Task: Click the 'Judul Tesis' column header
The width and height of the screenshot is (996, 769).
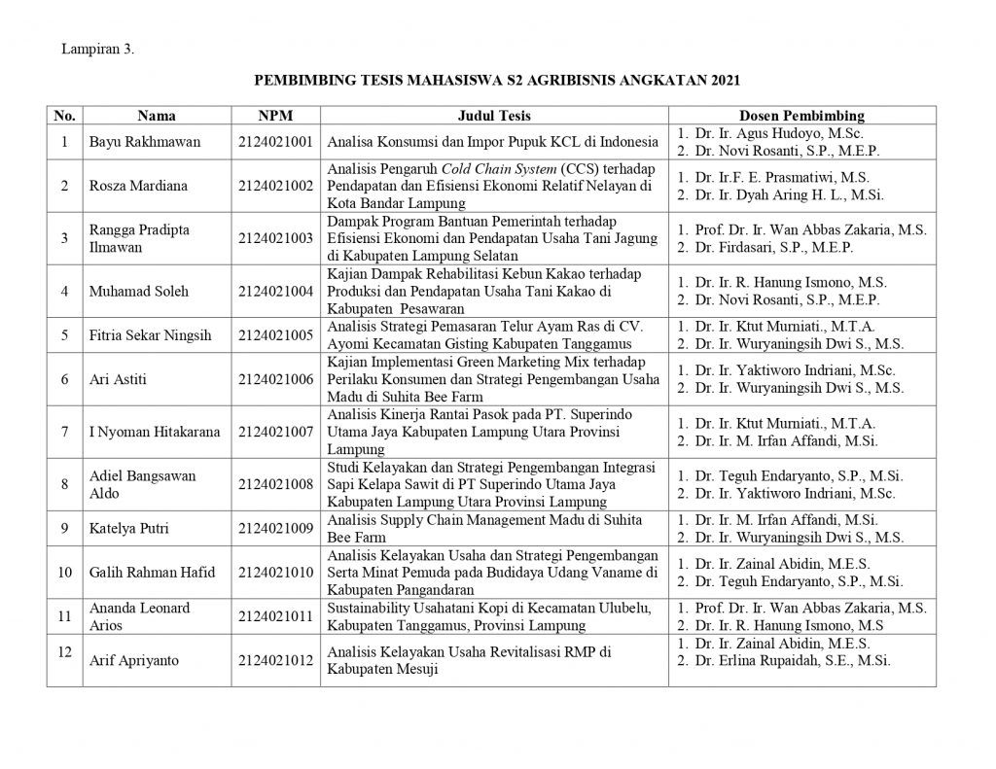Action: (x=494, y=116)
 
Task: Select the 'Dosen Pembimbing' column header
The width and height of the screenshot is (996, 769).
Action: (x=801, y=116)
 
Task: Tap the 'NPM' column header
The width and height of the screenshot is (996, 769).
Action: (x=275, y=116)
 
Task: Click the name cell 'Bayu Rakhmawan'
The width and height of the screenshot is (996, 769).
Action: (x=145, y=142)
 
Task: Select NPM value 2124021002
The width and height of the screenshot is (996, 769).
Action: (x=275, y=185)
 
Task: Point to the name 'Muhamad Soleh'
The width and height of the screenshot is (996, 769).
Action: (x=139, y=291)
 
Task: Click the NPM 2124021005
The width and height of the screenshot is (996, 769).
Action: (x=275, y=334)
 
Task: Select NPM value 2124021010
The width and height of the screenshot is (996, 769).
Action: (x=275, y=572)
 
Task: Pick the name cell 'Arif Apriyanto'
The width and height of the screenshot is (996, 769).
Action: (x=130, y=661)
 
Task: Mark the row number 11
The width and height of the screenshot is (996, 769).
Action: (x=64, y=615)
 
